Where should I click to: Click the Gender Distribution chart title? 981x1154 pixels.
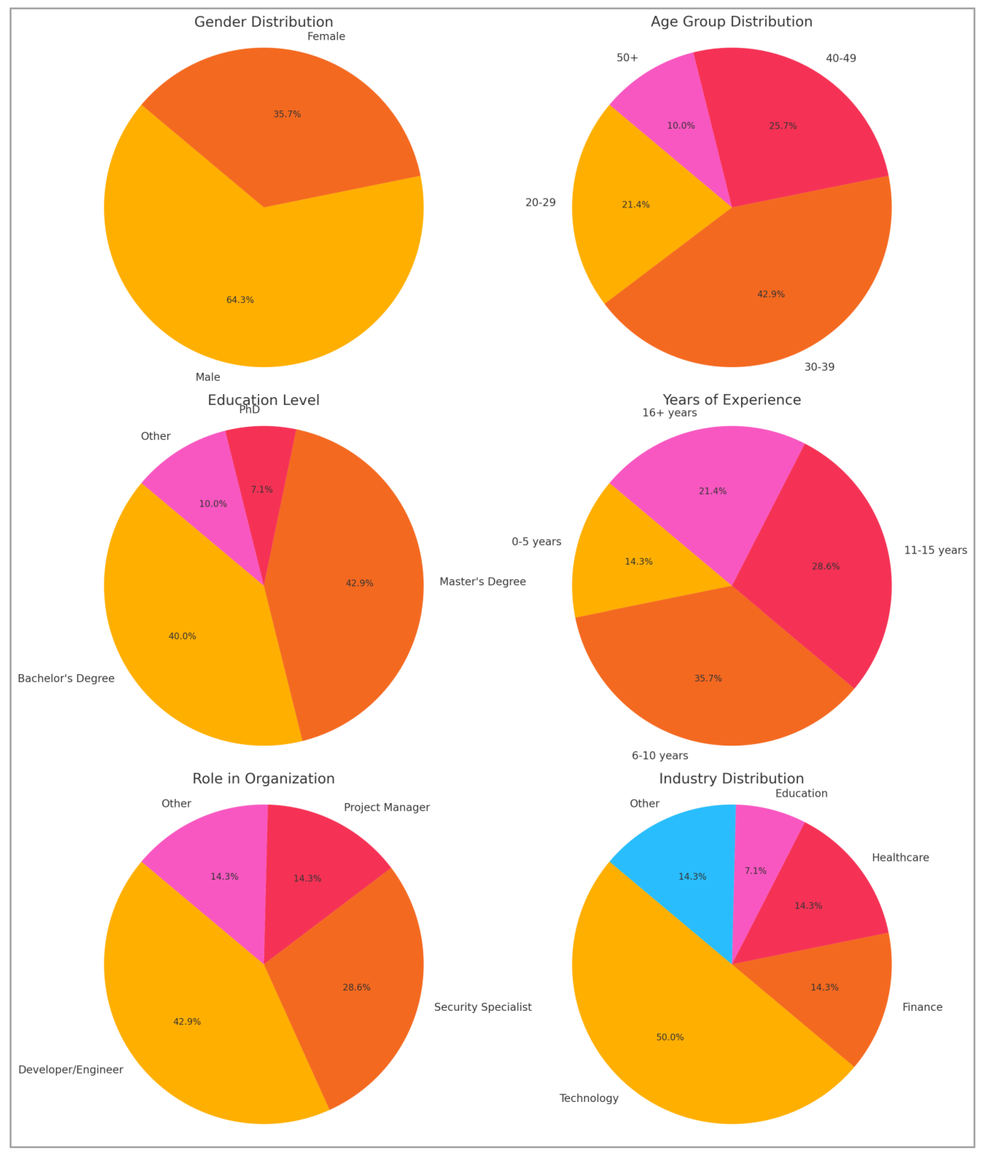click(264, 22)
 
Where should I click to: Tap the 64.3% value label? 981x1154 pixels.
click(240, 300)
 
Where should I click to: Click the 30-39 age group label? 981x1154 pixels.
click(819, 367)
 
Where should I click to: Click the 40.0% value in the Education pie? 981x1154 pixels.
click(182, 636)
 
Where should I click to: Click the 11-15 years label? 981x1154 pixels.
click(935, 550)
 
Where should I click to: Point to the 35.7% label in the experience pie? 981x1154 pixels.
click(708, 679)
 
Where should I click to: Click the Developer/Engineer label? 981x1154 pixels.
click(71, 1070)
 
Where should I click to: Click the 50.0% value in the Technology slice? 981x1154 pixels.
click(670, 1037)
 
